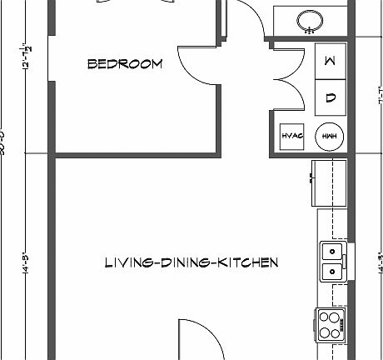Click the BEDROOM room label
click(125, 64)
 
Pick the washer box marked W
click(330, 62)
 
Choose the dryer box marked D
click(330, 97)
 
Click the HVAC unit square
click(291, 136)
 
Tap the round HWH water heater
click(329, 136)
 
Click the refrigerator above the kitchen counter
click(328, 182)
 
